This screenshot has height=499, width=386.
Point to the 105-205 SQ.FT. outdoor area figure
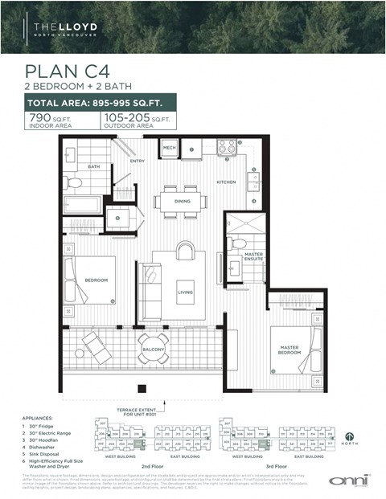point(138,121)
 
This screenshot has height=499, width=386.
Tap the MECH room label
point(169,149)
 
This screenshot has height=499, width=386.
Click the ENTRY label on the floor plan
point(136,161)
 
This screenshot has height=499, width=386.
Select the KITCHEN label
point(226,182)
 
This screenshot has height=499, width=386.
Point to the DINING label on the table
point(182,201)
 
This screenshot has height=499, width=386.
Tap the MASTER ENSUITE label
point(254,256)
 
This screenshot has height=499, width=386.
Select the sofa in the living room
point(150,291)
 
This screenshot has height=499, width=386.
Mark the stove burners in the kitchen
point(227,148)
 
